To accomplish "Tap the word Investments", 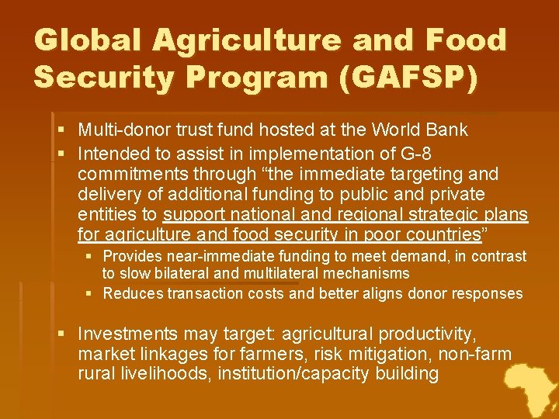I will (129, 334).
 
